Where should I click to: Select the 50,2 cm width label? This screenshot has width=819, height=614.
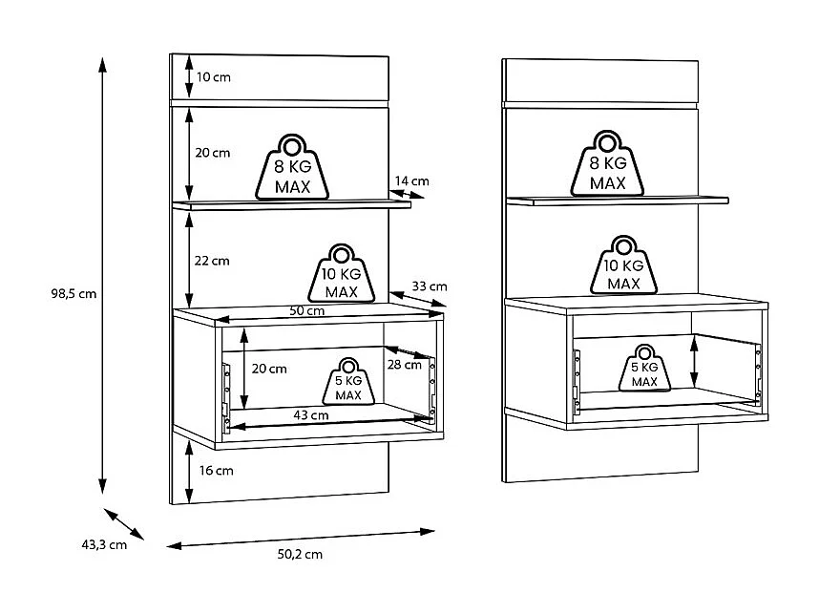(299, 554)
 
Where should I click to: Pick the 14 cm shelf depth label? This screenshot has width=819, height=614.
(411, 180)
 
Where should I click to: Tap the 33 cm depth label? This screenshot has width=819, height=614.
(430, 286)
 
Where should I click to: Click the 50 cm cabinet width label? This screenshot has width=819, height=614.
(307, 311)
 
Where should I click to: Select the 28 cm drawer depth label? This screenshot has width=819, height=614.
(405, 364)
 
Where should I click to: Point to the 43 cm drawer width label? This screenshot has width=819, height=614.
(311, 415)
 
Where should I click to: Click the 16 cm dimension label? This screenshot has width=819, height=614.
(218, 471)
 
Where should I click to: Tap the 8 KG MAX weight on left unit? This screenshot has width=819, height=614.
(293, 167)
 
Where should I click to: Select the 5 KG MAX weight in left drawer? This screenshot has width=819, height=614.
(347, 380)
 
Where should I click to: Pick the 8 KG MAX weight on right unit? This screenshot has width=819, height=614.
(607, 163)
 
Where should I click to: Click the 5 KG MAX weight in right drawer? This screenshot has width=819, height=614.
(644, 369)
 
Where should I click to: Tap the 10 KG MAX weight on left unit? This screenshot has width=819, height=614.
(341, 272)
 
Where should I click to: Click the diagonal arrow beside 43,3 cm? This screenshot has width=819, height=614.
(123, 525)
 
